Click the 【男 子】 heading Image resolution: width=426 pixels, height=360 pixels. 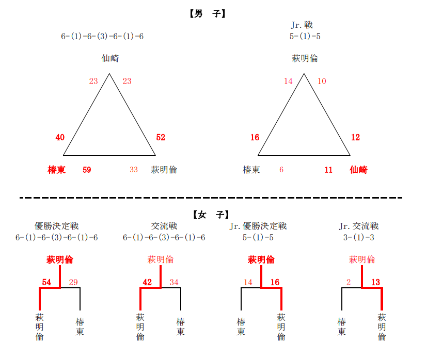(x=208, y=13)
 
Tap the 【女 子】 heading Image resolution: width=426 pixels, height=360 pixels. (x=211, y=215)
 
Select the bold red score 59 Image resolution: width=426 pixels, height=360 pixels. (x=87, y=170)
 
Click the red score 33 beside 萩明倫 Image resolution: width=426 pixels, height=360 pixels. (x=134, y=170)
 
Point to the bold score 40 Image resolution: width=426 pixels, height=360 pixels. (x=60, y=137)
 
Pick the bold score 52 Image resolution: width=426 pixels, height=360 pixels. (x=161, y=137)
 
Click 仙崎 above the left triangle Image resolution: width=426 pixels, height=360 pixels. (x=111, y=58)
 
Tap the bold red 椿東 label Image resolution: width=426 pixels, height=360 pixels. (x=56, y=170)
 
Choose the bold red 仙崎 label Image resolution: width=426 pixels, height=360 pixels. (x=359, y=170)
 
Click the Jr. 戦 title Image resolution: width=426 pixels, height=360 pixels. (x=302, y=25)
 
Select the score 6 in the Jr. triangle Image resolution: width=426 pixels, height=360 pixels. (x=281, y=170)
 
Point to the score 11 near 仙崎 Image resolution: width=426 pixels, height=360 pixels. (x=328, y=170)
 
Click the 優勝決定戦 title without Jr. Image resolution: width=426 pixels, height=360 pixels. (x=56, y=226)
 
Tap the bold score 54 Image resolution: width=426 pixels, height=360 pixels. (x=46, y=282)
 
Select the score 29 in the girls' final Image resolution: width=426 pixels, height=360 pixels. (x=73, y=282)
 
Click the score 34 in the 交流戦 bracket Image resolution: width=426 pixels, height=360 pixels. (x=174, y=282)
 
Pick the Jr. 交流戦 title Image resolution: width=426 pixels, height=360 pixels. (x=359, y=226)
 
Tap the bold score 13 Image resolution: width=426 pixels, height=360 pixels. (x=375, y=282)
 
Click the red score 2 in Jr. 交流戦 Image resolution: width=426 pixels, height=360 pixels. (x=349, y=282)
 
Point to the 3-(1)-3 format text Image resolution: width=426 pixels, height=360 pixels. (x=359, y=237)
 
